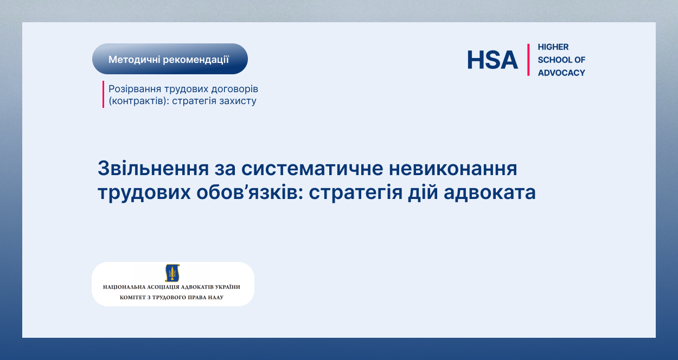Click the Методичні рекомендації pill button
coord(170,59)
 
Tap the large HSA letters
coord(492,60)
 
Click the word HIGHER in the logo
coord(553,47)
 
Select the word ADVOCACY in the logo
coord(561,73)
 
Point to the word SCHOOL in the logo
coord(553,60)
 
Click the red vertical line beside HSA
coord(528,60)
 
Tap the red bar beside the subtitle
coord(103,94)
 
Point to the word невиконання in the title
coord(453,169)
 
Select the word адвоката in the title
coord(490,192)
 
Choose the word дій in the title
coord(423,192)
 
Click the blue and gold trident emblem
coord(172,273)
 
